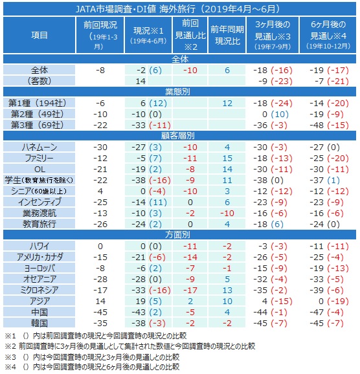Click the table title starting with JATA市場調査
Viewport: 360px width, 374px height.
[178, 9]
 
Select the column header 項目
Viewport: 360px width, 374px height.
[39, 36]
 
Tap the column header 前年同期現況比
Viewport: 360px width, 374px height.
[227, 36]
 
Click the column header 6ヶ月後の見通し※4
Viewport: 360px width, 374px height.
[328, 35]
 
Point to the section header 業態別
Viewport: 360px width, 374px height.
[178, 92]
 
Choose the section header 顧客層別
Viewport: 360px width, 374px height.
[178, 136]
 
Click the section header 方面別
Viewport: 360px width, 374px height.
[178, 235]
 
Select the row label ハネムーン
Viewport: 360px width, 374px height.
[39, 147]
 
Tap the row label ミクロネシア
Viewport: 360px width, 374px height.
[39, 290]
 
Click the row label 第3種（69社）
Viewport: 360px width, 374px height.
[38, 126]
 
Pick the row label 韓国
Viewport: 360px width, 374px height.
[39, 323]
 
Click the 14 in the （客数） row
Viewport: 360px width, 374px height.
[141, 82]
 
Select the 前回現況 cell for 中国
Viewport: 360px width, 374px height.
[100, 313]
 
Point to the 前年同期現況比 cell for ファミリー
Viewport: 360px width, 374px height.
[227, 159]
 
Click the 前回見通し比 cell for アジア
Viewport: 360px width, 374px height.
[190, 302]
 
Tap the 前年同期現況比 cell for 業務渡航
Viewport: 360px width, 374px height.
[227, 214]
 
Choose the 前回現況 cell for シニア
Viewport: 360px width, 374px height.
[100, 192]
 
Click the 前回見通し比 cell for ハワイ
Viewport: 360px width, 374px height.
[190, 246]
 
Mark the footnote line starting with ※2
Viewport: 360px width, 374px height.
[130, 346]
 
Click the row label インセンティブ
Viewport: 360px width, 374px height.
[39, 203]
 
